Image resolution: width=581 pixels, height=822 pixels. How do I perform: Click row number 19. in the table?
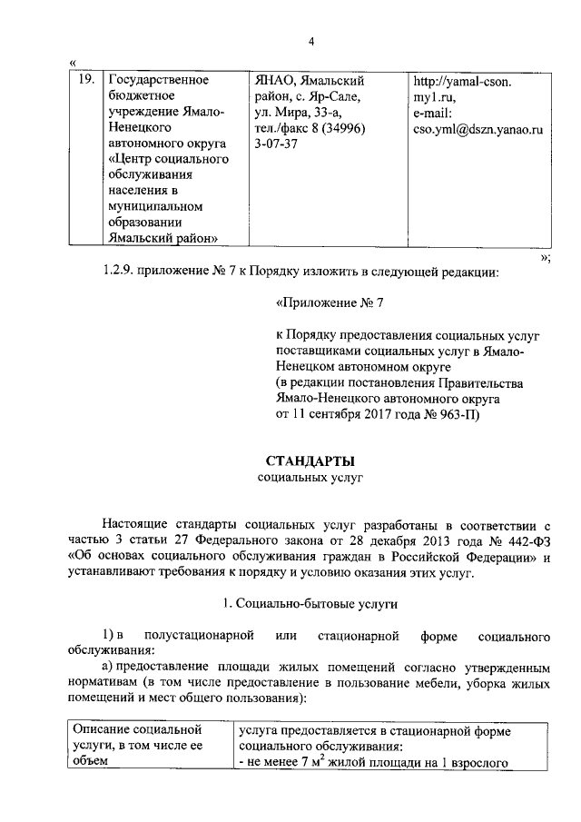click(x=84, y=81)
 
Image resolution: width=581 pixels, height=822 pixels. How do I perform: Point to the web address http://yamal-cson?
click(x=463, y=81)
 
